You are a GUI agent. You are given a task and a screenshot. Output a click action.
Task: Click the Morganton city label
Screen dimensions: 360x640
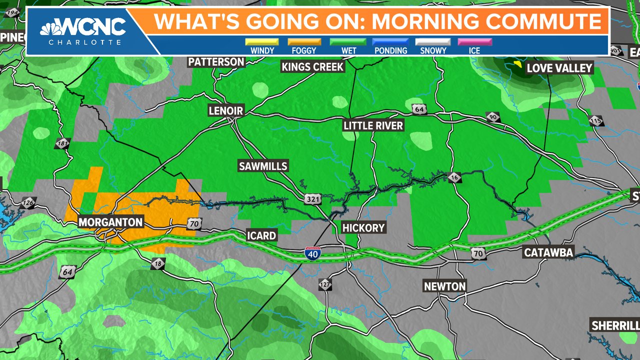[x=110, y=222]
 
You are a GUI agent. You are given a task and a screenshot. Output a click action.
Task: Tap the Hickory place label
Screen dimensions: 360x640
[x=363, y=228]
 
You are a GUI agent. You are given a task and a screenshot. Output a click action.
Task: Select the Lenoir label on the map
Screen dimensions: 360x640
[x=225, y=111]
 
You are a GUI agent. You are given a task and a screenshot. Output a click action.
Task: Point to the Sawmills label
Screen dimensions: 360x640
[x=263, y=166]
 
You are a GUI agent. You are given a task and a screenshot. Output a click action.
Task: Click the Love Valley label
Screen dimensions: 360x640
[x=559, y=68]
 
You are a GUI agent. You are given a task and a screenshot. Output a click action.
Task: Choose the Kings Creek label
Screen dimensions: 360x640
[x=312, y=66]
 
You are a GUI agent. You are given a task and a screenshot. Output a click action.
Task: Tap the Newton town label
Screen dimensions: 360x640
[x=444, y=286]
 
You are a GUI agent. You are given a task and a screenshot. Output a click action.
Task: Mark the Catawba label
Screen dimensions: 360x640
[x=548, y=252]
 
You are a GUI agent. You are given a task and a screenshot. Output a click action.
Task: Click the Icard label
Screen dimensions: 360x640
[x=261, y=235]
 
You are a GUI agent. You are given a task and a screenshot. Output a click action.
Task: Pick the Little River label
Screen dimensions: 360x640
[x=373, y=125]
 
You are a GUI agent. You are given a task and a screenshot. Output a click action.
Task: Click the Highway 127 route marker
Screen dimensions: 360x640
[x=325, y=284]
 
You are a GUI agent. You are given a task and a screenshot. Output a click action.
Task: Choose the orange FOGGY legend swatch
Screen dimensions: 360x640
[x=304, y=42]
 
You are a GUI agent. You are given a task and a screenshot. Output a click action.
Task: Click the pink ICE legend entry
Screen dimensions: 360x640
[x=474, y=42]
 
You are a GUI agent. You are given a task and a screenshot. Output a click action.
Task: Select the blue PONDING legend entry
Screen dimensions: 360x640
[x=390, y=42]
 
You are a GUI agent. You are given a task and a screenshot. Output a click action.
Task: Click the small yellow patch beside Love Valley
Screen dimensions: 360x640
[x=517, y=64]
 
